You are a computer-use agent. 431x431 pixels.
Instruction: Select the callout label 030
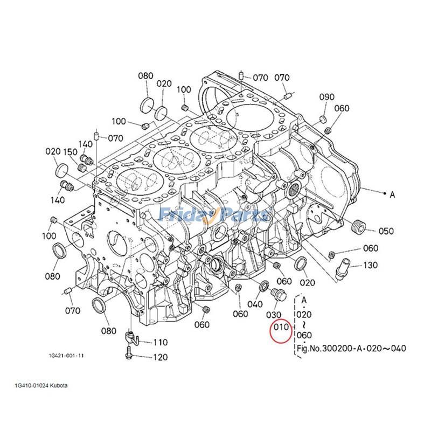point(275,314)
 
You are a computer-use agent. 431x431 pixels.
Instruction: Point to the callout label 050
point(386,232)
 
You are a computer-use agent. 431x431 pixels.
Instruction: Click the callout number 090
point(327,97)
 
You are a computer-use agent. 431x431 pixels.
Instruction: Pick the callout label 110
point(160,342)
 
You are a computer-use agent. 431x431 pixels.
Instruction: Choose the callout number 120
point(160,357)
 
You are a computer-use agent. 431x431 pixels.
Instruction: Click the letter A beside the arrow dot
point(392,195)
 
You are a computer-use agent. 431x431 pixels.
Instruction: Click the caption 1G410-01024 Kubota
point(42,386)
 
